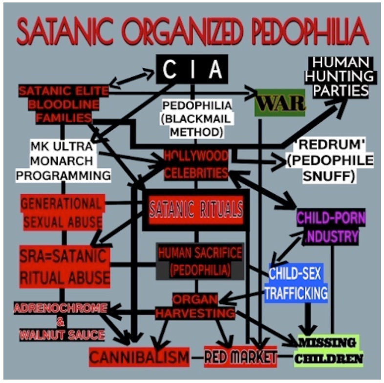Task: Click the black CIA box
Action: point(192,69)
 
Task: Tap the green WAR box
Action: point(280,103)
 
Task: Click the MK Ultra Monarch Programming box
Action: point(63,161)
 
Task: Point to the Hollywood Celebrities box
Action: point(196,164)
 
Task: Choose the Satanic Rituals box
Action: point(196,210)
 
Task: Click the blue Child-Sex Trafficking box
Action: point(296,283)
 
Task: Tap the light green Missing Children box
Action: point(328,351)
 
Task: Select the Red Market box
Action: point(240,357)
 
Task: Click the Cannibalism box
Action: point(139,357)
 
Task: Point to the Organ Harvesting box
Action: point(195,306)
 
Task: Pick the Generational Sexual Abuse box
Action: point(63,212)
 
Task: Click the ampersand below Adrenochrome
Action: point(60,322)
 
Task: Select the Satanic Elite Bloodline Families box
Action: point(64,104)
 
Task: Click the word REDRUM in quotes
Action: point(330,145)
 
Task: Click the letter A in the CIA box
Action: point(215,69)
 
